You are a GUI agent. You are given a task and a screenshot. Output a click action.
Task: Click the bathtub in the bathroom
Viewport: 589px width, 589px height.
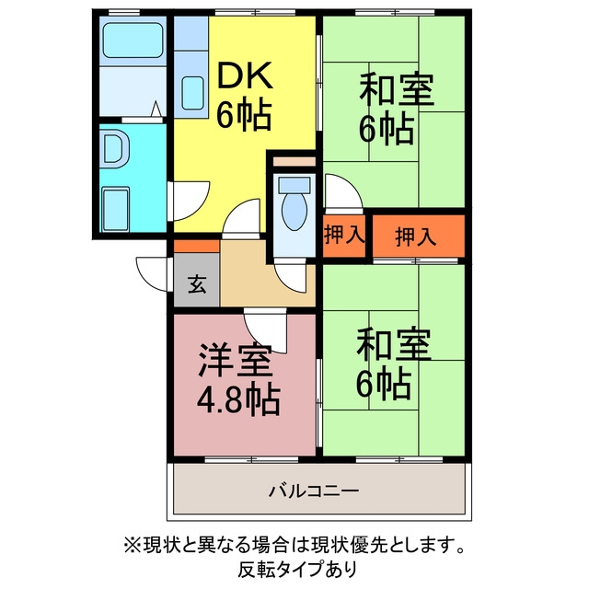133,40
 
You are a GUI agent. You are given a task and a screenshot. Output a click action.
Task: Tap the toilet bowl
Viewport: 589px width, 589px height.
294,212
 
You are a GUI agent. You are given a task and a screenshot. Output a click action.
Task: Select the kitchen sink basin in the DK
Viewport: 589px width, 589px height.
192,93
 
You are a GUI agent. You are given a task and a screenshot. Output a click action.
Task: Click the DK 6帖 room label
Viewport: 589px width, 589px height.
245,96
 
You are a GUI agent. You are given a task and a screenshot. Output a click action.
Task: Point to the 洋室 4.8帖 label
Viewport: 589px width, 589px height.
238,380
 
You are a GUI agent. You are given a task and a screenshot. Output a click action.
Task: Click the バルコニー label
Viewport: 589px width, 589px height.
314,491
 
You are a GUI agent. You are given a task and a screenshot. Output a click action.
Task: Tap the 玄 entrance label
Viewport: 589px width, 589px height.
197,284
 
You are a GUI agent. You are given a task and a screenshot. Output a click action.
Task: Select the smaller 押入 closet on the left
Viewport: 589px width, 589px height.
344,236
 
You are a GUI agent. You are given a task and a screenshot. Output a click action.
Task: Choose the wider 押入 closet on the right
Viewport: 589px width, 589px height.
419,237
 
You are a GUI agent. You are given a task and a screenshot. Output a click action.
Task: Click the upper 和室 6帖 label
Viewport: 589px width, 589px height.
397,109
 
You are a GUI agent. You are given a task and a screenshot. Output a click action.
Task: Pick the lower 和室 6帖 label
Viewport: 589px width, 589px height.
393,364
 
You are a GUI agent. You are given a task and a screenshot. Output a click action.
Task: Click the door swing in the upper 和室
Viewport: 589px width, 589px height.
342,192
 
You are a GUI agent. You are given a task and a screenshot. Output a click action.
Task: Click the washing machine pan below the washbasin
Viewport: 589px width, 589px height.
116,210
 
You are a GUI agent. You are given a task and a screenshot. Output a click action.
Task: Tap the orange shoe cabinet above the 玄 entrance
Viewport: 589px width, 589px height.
196,246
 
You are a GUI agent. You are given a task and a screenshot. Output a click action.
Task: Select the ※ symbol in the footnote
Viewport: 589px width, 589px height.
132,546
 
